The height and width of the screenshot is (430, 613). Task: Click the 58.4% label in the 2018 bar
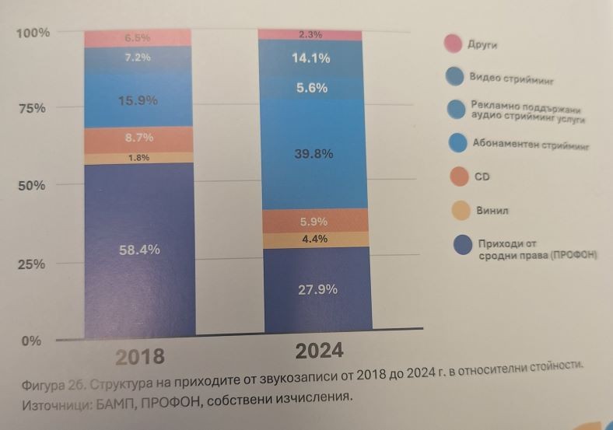point(138,250)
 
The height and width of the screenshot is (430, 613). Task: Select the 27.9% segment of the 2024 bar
point(317,289)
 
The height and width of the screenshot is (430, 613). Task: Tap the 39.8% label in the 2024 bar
point(314,154)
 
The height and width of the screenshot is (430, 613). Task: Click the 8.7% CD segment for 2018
point(139,138)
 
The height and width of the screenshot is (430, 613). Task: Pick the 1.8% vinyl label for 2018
point(139,157)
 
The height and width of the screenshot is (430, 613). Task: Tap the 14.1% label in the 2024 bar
point(312,57)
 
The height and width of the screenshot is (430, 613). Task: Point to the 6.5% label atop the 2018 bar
point(138,37)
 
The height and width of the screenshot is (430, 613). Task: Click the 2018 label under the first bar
point(140,357)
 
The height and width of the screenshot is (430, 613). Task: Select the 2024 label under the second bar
point(319,351)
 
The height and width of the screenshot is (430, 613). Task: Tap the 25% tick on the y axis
point(32,264)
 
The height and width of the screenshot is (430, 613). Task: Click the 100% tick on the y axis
point(33,33)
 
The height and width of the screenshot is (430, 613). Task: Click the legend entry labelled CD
point(482,177)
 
